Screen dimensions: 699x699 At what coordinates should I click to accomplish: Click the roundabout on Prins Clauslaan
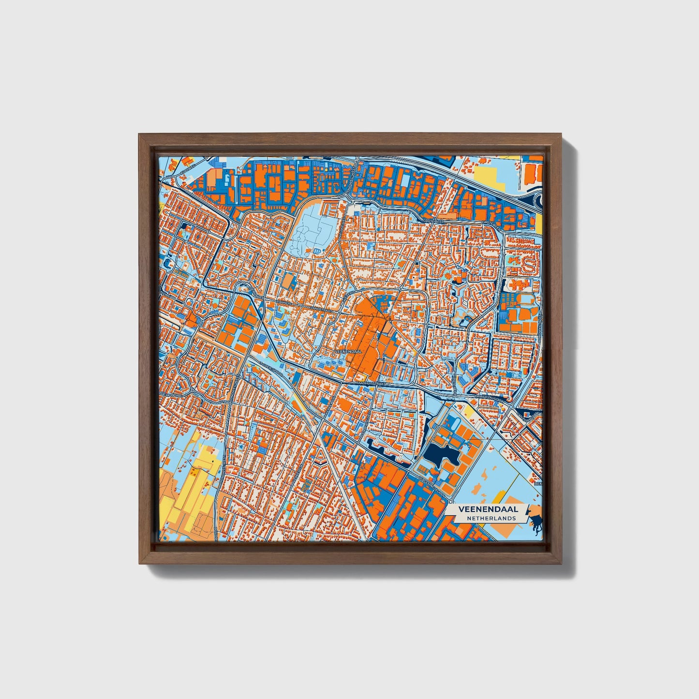coord(511,407)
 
